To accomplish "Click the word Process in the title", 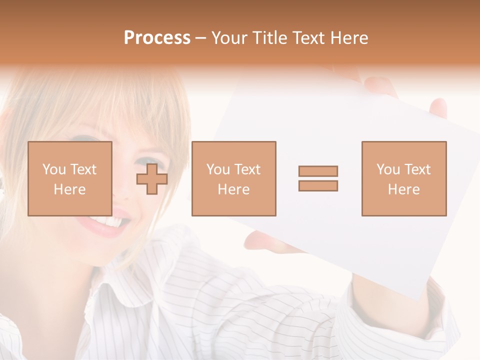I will click(x=157, y=38).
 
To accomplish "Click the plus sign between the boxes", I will click(x=152, y=179).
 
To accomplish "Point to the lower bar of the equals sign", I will click(x=318, y=185).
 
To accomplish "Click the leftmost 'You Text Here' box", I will click(x=69, y=178).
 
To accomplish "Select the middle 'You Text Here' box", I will click(x=233, y=178).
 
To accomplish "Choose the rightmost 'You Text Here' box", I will click(x=403, y=178).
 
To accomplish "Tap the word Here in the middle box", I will click(x=233, y=189).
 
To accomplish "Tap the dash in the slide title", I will click(x=200, y=38).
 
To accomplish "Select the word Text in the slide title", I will click(x=306, y=38).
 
